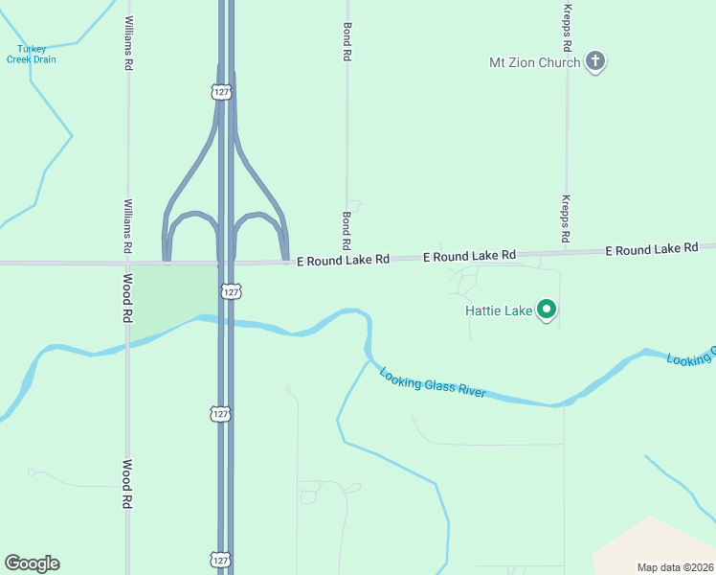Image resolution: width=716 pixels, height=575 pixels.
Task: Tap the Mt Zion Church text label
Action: [x=534, y=63]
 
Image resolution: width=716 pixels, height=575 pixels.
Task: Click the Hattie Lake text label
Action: [x=497, y=310]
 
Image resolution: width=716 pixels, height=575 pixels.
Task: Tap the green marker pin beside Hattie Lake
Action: [x=547, y=310]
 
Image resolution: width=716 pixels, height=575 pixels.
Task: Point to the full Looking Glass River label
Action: [x=433, y=382]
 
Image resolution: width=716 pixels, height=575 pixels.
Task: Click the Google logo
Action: [x=32, y=563]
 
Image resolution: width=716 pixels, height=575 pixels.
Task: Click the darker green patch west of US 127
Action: [x=172, y=297]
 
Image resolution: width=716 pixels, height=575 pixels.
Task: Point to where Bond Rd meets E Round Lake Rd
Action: [x=347, y=258]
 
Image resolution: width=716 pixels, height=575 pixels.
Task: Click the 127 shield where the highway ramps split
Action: [x=222, y=92]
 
